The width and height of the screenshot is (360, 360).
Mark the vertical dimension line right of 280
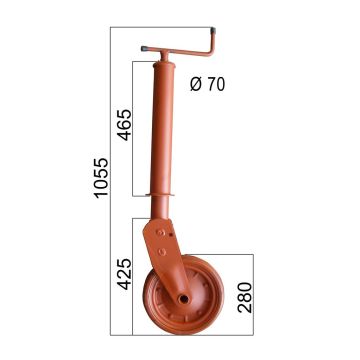click(253, 296)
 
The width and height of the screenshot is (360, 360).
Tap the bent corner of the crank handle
click(213, 46)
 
